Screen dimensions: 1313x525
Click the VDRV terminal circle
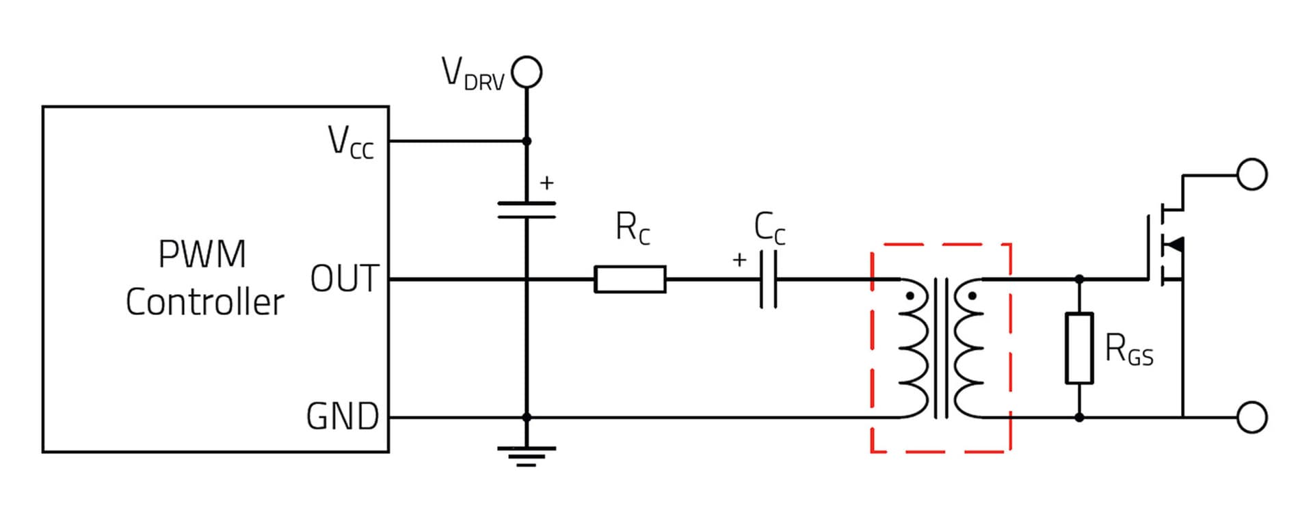point(527,72)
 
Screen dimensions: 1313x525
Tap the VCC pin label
point(351,142)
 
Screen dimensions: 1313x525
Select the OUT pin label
point(344,279)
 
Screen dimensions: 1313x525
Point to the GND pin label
point(343,416)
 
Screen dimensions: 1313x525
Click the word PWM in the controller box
point(202,254)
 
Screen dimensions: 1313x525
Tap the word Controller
point(204,302)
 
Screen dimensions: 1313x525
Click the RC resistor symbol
point(630,279)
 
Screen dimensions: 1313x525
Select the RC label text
point(633,228)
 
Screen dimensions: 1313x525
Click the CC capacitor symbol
point(769,279)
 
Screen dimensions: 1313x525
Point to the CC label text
point(770,228)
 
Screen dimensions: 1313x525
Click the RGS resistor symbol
point(1079,348)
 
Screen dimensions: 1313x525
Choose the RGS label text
point(1129,349)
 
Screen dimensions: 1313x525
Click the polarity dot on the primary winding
point(910,297)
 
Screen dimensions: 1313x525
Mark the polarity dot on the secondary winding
point(972,297)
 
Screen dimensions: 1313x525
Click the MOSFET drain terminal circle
point(1252,174)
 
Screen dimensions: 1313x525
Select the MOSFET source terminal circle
point(1252,417)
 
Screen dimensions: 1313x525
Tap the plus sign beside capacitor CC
point(739,260)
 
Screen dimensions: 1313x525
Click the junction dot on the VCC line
point(527,142)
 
